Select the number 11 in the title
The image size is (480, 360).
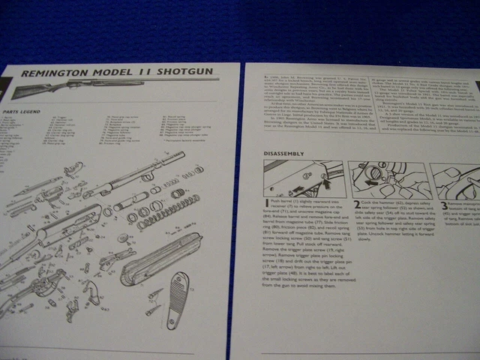(147, 73)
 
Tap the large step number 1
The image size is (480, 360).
(267, 203)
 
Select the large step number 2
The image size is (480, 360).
(357, 202)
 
